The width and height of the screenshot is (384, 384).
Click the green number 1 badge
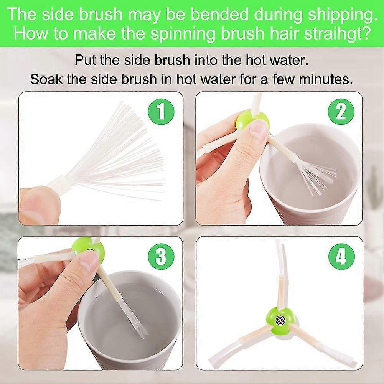tap(161, 112)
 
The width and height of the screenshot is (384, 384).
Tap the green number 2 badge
tap(341, 112)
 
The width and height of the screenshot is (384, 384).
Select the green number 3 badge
tap(161, 256)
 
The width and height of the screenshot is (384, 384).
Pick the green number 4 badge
tap(341, 256)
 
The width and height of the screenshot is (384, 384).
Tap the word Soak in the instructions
tap(47, 79)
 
